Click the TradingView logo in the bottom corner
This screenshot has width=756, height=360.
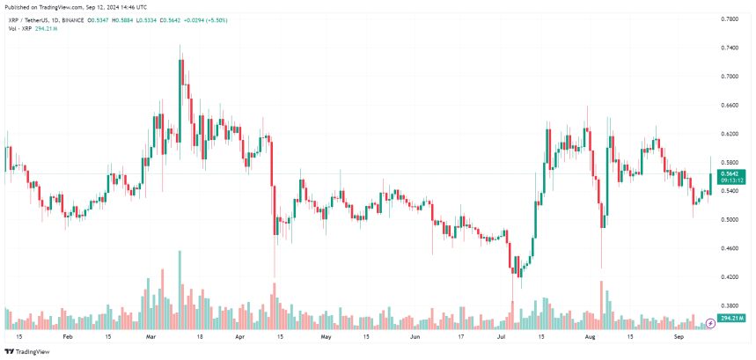(x=30, y=350)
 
